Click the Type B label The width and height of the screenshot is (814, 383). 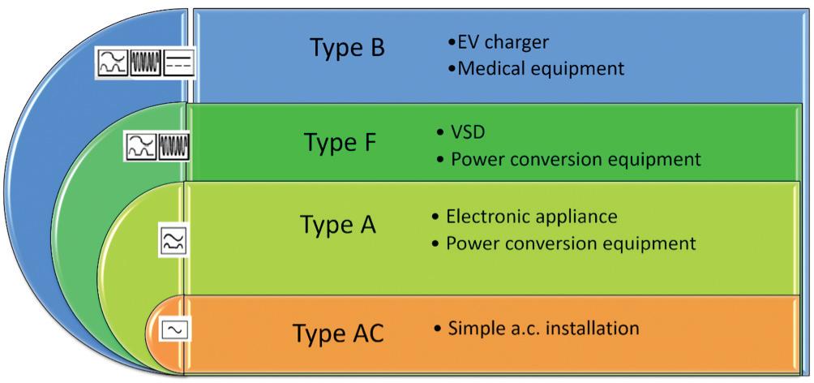pos(347,48)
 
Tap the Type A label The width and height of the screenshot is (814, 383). pos(337,223)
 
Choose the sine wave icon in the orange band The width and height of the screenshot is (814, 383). pos(174,329)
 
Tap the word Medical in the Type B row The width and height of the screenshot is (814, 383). pos(490,68)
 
